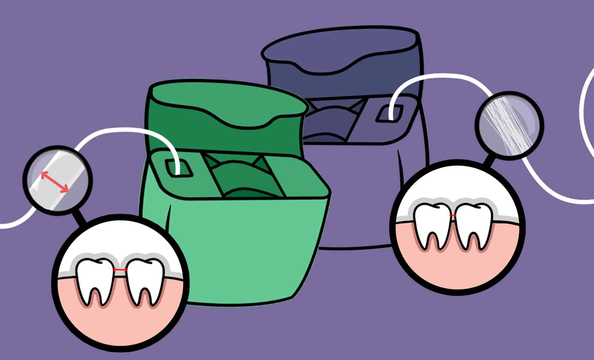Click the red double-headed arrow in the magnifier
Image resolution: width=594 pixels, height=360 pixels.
tap(54, 182)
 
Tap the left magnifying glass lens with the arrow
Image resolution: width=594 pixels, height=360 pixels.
tap(58, 180)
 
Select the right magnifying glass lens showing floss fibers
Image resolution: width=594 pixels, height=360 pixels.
tap(509, 126)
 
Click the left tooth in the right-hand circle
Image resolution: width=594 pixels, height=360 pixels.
tap(432, 223)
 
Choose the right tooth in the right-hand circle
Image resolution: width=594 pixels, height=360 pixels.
tap(473, 223)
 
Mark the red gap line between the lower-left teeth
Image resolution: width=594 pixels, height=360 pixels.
tap(120, 270)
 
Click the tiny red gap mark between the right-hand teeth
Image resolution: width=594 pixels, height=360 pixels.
tap(453, 215)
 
